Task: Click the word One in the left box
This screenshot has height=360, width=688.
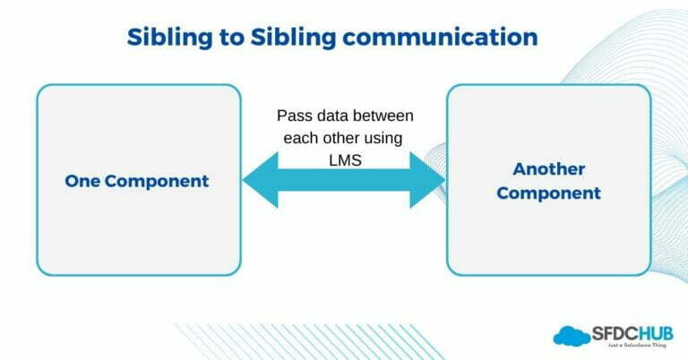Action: click(82, 181)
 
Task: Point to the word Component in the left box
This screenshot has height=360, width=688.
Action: click(156, 181)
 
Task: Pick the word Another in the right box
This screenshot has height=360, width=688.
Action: click(548, 169)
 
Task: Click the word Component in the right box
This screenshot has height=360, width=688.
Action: click(548, 193)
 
